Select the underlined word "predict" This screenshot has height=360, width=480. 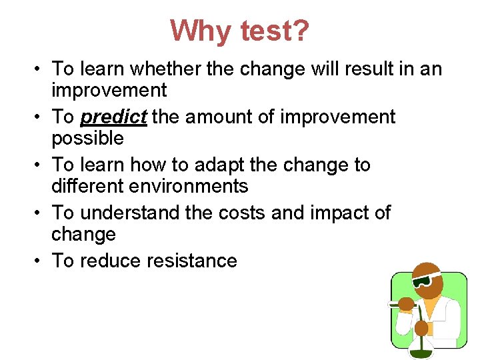pos(113,117)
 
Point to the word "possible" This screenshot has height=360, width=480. pos(88,139)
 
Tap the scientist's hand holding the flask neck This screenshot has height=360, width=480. pos(421,327)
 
